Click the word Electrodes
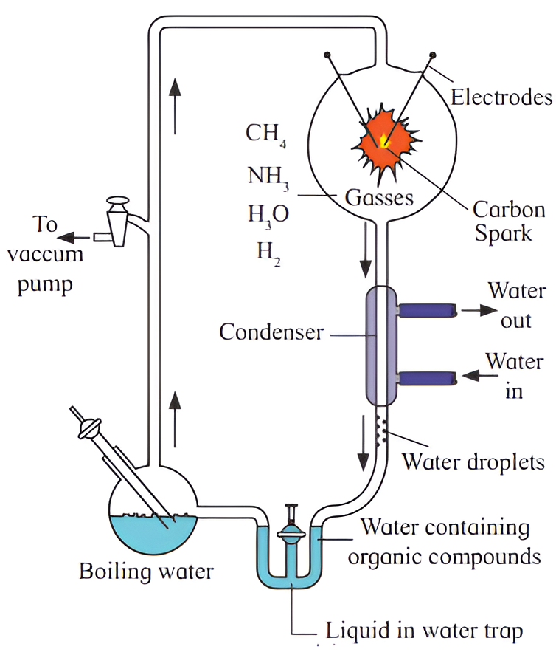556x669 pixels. pyautogui.click(x=501, y=97)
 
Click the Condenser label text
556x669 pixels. pyautogui.click(x=271, y=332)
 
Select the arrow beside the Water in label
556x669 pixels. pyautogui.click(x=473, y=377)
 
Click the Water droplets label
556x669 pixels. pyautogui.click(x=472, y=463)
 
